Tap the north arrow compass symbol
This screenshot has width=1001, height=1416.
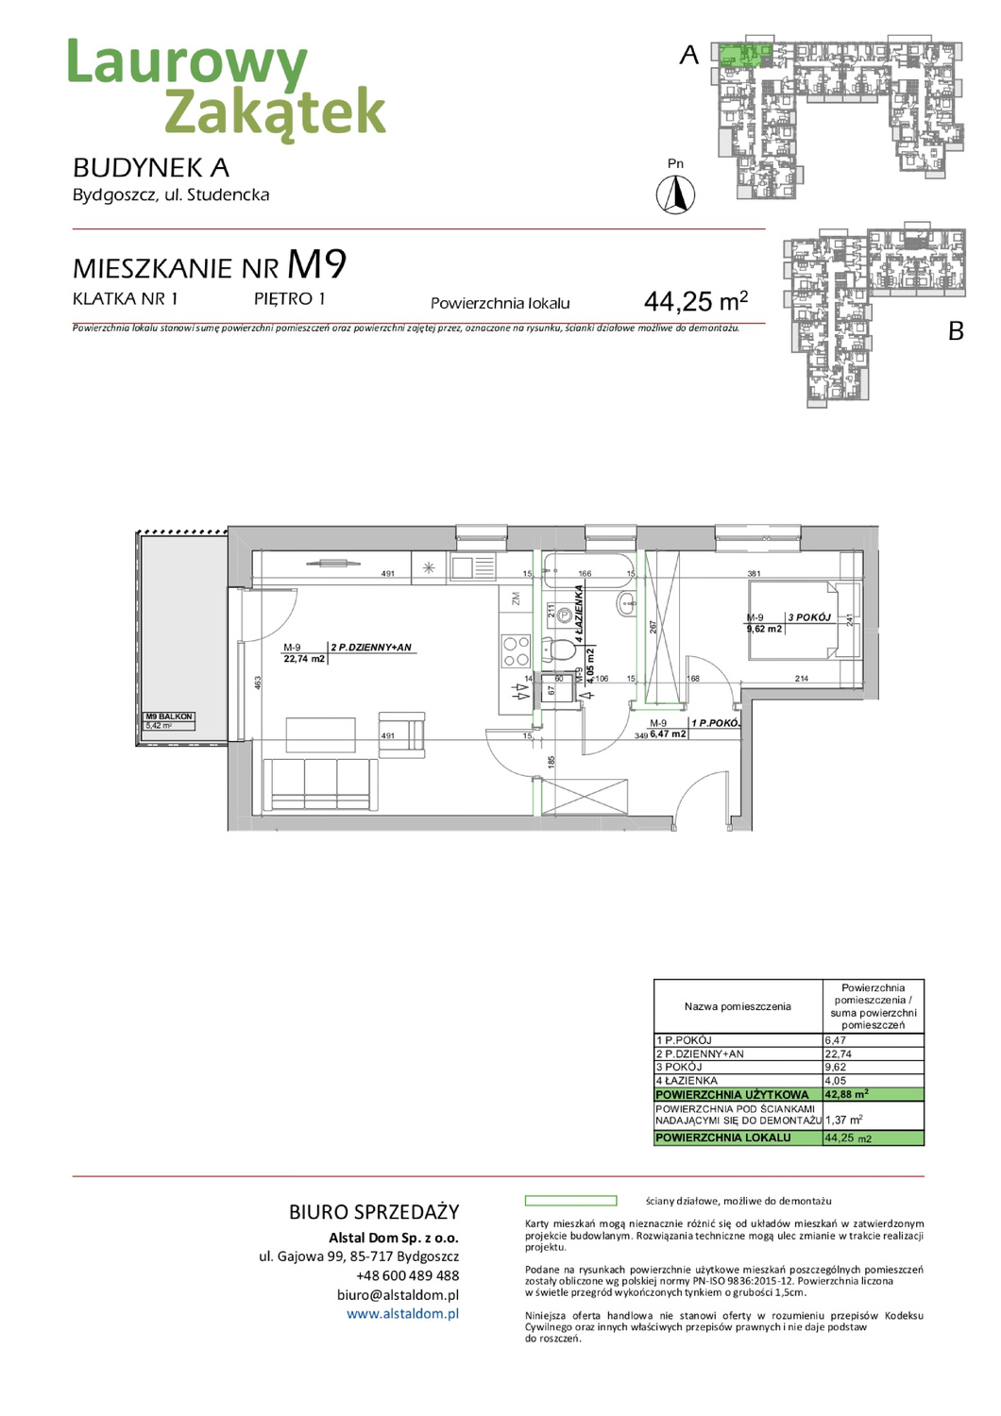pyautogui.click(x=675, y=195)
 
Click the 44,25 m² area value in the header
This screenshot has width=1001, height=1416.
pyautogui.click(x=695, y=301)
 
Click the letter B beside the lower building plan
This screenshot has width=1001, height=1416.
pyautogui.click(x=956, y=331)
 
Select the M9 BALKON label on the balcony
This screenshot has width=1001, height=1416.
pyautogui.click(x=169, y=716)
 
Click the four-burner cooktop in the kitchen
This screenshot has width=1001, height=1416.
pyautogui.click(x=516, y=651)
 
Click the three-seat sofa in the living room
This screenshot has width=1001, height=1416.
pyautogui.click(x=320, y=784)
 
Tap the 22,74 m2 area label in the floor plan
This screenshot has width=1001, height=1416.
pyautogui.click(x=303, y=659)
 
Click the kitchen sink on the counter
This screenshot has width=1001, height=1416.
pyautogui.click(x=472, y=567)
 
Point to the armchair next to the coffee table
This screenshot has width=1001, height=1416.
pyautogui.click(x=402, y=734)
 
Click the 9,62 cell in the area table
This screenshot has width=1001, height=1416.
pyautogui.click(x=836, y=1067)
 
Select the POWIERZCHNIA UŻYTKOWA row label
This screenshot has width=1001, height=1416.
pyautogui.click(x=733, y=1094)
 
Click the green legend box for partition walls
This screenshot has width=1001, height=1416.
pyautogui.click(x=570, y=1201)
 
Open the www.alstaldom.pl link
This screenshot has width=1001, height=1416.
pyautogui.click(x=402, y=1313)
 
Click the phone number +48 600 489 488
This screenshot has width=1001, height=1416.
pyautogui.click(x=407, y=1275)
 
